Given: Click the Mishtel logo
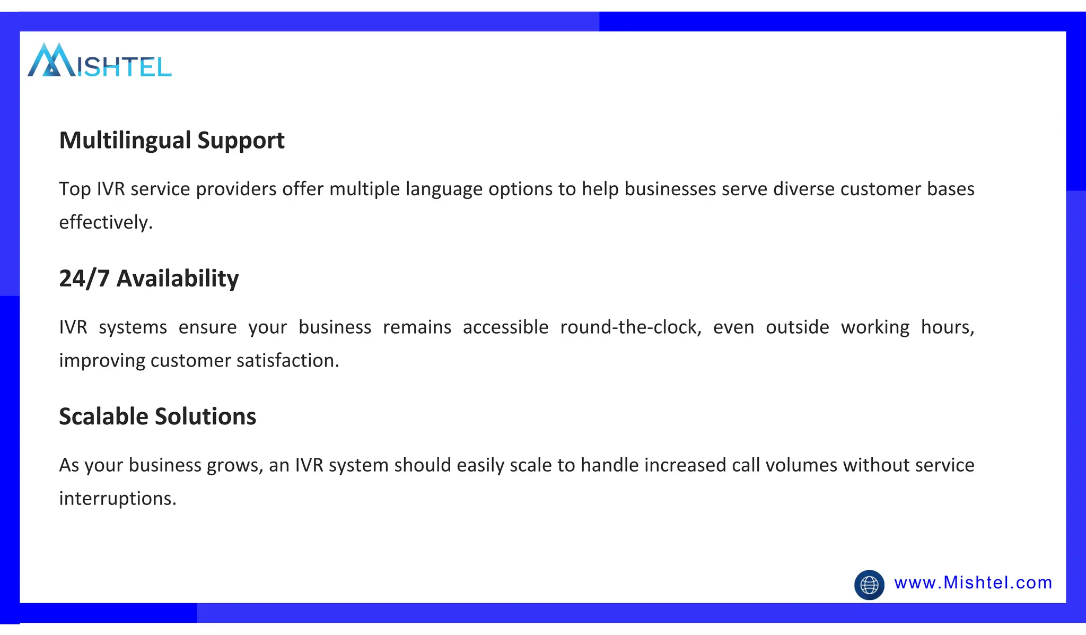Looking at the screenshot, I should (99, 60).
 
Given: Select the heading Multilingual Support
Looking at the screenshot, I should (172, 141).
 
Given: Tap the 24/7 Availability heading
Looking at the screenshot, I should (148, 279).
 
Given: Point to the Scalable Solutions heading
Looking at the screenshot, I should (157, 416).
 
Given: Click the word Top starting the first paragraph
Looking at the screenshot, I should (74, 189).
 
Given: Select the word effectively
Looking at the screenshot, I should (106, 222).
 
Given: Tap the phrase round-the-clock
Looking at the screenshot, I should (630, 327).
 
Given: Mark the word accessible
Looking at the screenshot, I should (505, 327).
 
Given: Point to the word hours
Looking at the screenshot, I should (947, 327).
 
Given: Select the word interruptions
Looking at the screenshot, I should (117, 499).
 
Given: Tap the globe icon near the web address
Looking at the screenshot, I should (869, 585).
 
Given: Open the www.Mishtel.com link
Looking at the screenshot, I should (973, 583).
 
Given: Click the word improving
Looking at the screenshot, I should (102, 361).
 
